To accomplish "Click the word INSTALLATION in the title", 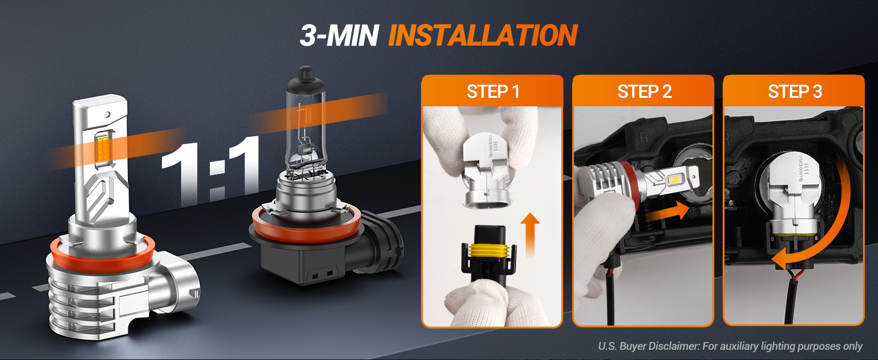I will click(482, 36).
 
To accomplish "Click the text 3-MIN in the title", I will click(339, 36).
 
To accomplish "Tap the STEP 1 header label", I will click(492, 92).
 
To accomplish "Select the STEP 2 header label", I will click(643, 92).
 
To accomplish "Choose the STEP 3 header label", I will click(794, 92).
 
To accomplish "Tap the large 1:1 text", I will click(210, 170).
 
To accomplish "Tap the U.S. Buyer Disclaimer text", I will click(730, 346).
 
